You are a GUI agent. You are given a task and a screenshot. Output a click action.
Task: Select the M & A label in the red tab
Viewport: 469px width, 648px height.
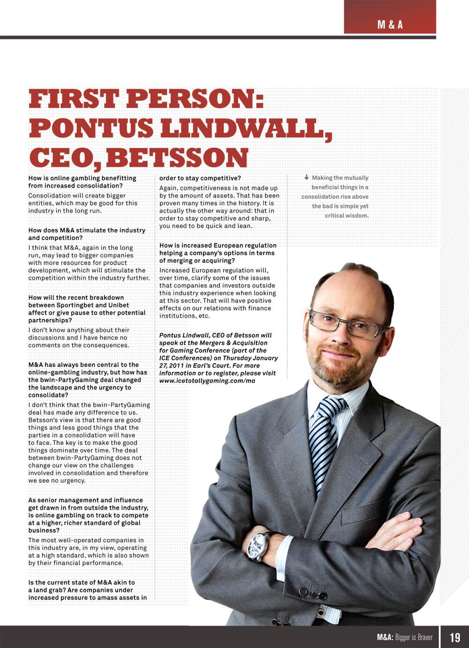pyautogui.click(x=390, y=25)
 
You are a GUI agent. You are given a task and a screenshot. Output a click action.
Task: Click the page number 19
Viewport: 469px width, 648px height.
pyautogui.click(x=454, y=637)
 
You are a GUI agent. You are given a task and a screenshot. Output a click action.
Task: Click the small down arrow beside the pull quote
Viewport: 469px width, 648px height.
pyautogui.click(x=306, y=177)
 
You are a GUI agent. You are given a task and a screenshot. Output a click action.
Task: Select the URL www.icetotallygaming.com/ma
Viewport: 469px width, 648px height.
pyautogui.click(x=207, y=381)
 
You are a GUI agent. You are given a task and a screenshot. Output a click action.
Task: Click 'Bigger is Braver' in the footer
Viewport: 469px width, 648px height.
pyautogui.click(x=414, y=637)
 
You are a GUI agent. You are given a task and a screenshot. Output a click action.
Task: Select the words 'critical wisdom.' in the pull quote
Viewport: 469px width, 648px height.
pyautogui.click(x=347, y=215)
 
